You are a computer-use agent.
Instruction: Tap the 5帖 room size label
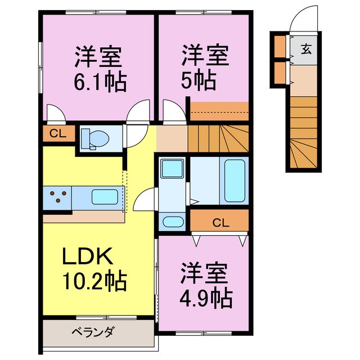click(x=199, y=83)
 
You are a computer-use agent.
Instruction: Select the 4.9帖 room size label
click(x=205, y=298)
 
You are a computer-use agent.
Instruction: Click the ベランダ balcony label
click(x=93, y=332)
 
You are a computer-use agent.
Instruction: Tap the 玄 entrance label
click(x=305, y=48)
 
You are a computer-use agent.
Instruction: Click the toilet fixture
click(x=91, y=137)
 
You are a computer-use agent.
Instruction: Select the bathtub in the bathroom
click(x=235, y=181)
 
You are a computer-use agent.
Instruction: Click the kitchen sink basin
click(x=105, y=197)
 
